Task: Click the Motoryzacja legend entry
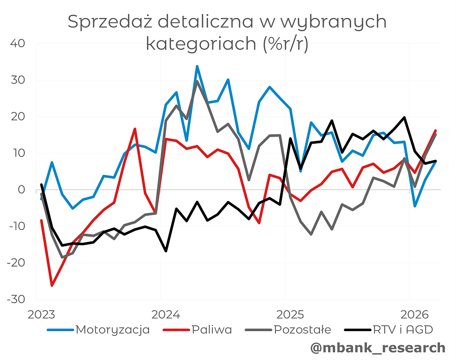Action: click(x=113, y=330)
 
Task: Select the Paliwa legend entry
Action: click(x=212, y=330)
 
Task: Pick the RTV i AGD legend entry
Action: click(x=402, y=330)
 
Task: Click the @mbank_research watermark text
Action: click(x=378, y=348)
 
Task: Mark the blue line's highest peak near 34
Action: click(x=197, y=66)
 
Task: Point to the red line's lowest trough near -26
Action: click(x=52, y=286)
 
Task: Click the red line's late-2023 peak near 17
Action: click(x=135, y=129)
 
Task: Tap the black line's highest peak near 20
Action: click(x=404, y=117)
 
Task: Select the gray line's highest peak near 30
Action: click(x=197, y=81)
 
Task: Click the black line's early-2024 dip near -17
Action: click(x=166, y=251)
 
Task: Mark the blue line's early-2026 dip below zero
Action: click(x=415, y=206)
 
